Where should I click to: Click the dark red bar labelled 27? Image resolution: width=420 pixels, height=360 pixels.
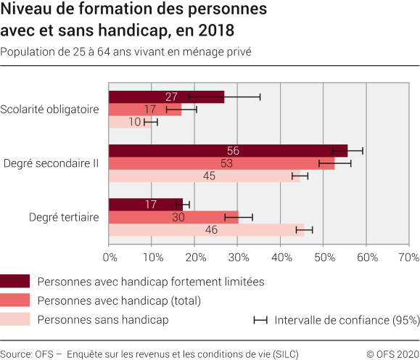click(x=166, y=97)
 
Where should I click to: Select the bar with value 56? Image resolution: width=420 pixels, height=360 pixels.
click(x=228, y=151)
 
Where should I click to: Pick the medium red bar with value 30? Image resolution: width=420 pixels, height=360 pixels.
click(x=173, y=217)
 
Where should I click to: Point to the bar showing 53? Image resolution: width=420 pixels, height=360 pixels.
click(x=221, y=164)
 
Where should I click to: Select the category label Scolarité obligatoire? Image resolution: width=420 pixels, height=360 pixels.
click(x=49, y=110)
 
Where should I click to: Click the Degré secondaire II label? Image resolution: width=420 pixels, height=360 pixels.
click(x=51, y=163)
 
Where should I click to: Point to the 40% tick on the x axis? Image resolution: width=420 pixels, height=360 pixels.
click(x=281, y=257)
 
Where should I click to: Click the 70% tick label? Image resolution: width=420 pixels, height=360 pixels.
click(x=409, y=257)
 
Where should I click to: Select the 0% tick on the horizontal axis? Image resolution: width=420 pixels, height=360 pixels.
click(x=110, y=257)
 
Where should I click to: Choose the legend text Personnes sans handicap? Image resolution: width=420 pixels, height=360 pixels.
click(x=102, y=319)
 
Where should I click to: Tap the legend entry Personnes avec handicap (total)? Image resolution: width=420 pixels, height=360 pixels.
click(x=118, y=300)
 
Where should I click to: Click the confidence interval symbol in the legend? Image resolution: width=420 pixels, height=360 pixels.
click(x=260, y=319)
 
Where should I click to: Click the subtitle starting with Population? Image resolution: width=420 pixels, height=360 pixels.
click(x=126, y=52)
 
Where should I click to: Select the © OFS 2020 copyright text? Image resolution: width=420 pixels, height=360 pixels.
click(x=392, y=354)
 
